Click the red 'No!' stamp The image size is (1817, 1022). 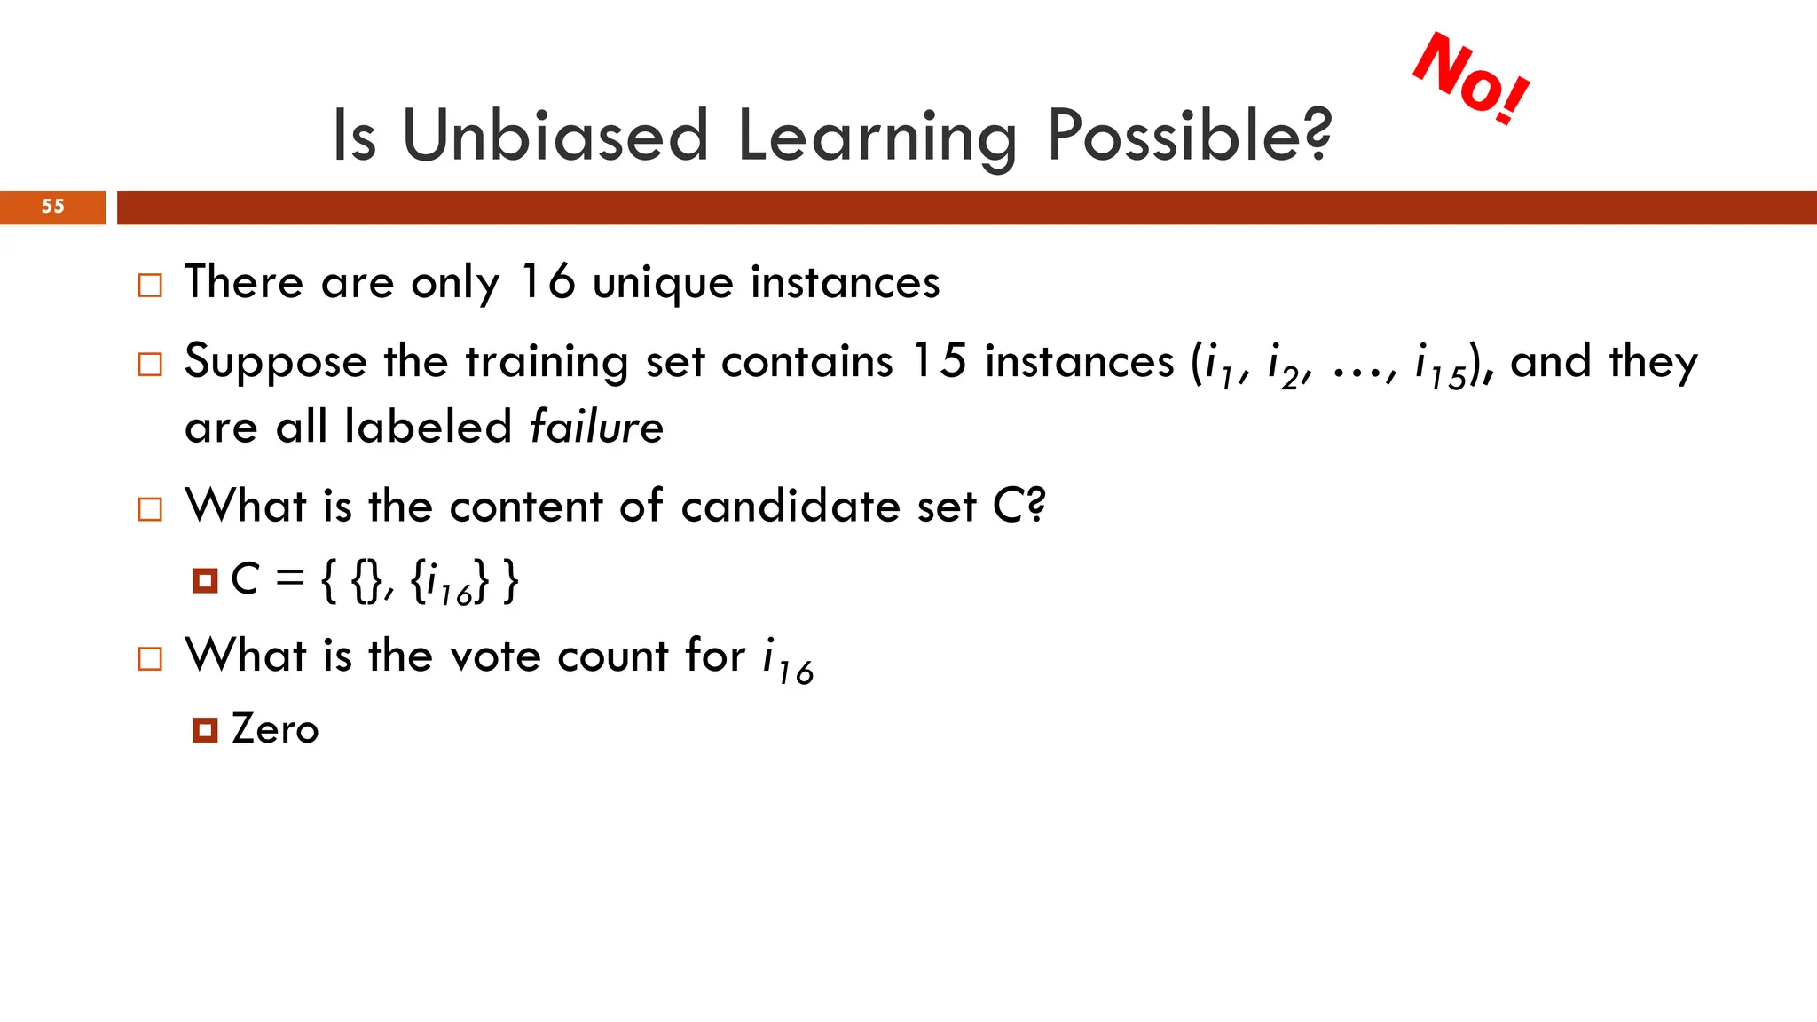point(1471,78)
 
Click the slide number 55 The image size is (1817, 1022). point(53,207)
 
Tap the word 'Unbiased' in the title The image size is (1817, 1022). point(555,136)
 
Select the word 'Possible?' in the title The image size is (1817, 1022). point(1189,136)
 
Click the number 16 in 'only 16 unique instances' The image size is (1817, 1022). point(547,282)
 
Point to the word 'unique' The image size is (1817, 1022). point(663,284)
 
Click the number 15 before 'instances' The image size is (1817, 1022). point(939,361)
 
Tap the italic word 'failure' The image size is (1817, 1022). point(596,427)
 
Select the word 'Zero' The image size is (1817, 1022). point(274,729)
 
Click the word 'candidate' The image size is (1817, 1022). point(791,507)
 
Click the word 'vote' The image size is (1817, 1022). point(495,656)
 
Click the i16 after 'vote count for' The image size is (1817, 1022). point(787,661)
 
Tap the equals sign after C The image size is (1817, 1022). point(289,578)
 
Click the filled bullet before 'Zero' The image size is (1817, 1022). point(205,730)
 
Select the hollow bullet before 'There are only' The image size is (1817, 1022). point(150,286)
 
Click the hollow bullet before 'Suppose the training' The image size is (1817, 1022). point(150,365)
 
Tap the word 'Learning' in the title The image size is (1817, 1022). point(877,136)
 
